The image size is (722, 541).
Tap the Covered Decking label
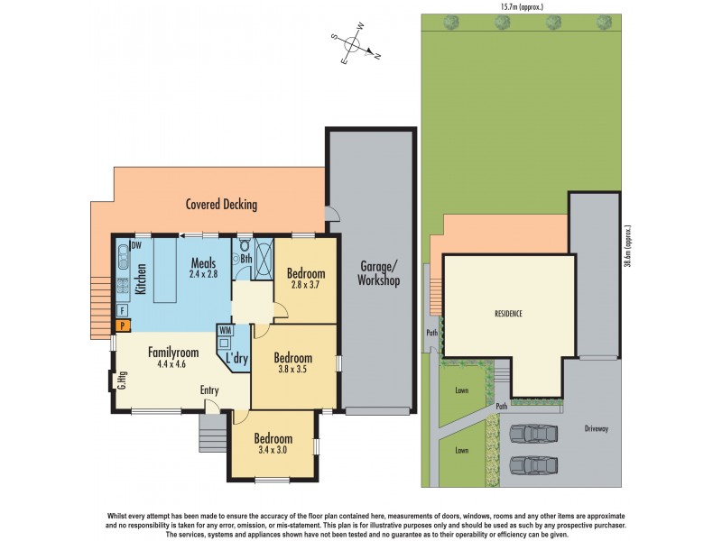[x=221, y=205]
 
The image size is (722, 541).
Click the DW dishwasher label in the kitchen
[x=136, y=245]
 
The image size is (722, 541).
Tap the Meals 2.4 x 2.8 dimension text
[x=204, y=272]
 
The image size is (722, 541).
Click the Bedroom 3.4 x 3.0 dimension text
[x=272, y=449]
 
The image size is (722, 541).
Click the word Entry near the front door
[x=210, y=390]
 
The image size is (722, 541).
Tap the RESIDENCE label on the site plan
[x=508, y=314]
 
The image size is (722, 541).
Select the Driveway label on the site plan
[x=597, y=428]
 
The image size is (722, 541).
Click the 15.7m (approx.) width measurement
[x=522, y=6]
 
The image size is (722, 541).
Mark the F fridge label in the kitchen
[x=122, y=309]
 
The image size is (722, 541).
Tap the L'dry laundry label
[x=237, y=359]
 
